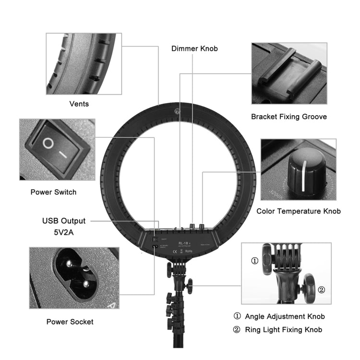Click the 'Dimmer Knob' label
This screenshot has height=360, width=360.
(194, 48)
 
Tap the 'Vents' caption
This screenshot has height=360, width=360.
(79, 104)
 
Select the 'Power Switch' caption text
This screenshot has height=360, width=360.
(53, 192)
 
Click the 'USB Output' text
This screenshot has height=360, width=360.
(64, 221)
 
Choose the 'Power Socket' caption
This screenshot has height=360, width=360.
(70, 322)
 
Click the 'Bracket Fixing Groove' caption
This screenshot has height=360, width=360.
(288, 117)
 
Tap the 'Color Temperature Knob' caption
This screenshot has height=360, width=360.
(298, 211)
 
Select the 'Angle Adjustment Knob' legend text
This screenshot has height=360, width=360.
(285, 316)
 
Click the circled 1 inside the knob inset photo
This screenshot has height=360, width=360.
(255, 262)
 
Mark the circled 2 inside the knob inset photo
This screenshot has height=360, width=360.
(321, 289)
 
